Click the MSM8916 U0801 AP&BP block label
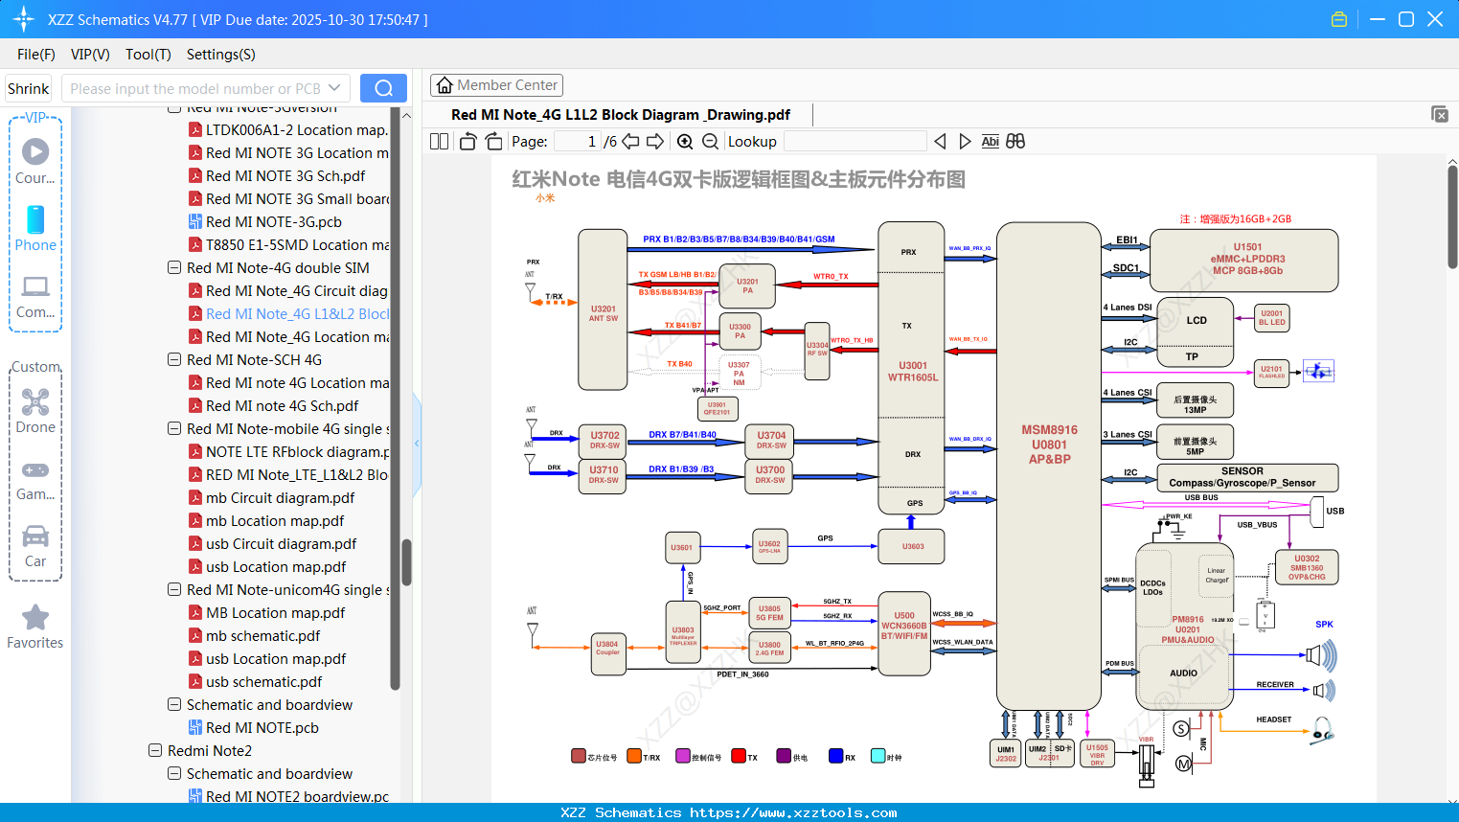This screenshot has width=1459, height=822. (x=1049, y=445)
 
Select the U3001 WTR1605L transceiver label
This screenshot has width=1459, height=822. (x=912, y=372)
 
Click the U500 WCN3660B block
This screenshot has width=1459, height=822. (x=903, y=626)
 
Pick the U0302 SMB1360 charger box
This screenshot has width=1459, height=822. (x=1307, y=567)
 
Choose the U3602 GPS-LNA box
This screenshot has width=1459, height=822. (x=769, y=546)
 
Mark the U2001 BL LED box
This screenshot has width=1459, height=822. (x=1271, y=318)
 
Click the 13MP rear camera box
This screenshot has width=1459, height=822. (x=1195, y=404)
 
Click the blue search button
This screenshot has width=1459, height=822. (x=383, y=88)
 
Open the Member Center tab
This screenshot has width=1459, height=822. (x=496, y=85)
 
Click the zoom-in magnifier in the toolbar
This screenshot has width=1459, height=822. (x=685, y=142)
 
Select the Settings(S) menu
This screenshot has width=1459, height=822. (x=220, y=55)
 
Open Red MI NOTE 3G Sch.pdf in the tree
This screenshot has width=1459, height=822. (x=285, y=176)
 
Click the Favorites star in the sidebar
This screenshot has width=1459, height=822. (x=35, y=618)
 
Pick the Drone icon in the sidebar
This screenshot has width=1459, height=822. (x=35, y=402)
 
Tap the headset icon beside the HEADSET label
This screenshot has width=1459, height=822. (x=1322, y=730)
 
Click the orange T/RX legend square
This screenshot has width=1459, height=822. (x=633, y=756)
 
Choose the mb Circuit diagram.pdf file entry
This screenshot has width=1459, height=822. (x=280, y=498)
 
